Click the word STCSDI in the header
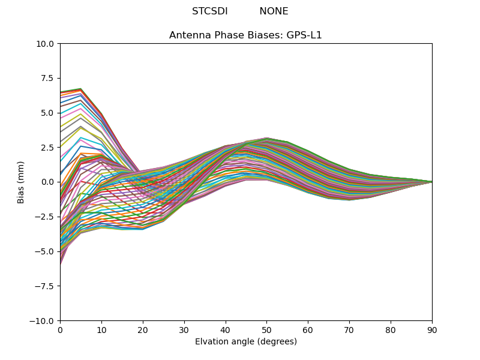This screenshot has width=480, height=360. (209, 11)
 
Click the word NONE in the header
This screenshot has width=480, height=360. (274, 11)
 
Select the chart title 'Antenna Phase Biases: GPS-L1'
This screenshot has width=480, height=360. (245, 35)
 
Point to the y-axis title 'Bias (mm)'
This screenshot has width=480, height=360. (21, 182)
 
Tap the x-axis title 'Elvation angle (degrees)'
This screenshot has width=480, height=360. (245, 342)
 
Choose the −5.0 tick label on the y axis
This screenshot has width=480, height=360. (46, 251)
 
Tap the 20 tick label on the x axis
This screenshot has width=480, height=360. (143, 329)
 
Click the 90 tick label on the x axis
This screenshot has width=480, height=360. (432, 329)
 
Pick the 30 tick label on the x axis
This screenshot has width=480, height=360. (184, 329)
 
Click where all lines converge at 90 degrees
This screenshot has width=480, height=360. (431, 182)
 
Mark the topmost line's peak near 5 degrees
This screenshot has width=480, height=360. (80, 89)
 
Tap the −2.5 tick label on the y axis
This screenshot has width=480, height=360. (46, 217)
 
